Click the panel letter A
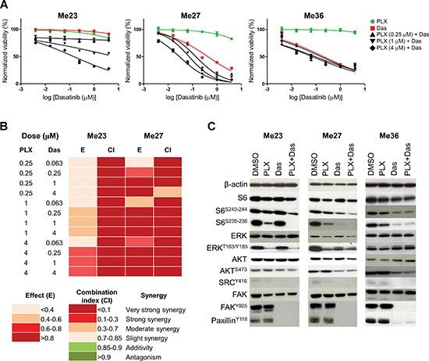point(5,6)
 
